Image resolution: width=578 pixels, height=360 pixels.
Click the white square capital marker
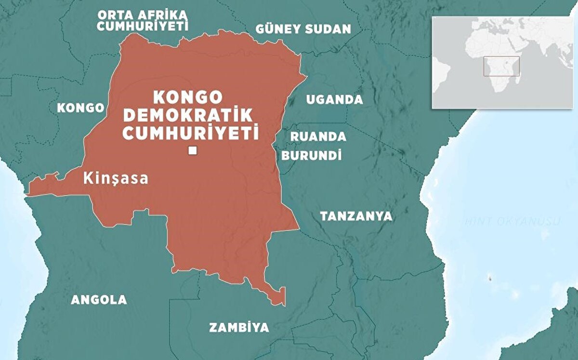tap(193, 151)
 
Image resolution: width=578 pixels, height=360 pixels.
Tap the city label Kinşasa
tap(116, 178)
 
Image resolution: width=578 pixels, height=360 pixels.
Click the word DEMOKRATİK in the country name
tap(188, 115)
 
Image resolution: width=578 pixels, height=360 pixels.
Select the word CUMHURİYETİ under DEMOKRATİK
tap(190, 133)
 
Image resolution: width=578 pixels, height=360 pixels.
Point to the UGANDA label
tap(334, 100)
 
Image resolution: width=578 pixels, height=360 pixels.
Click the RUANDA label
tap(318, 136)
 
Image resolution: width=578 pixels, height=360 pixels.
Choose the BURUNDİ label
tap(312, 155)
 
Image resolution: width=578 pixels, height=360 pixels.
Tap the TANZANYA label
tap(356, 216)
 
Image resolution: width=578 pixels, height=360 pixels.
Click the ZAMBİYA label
tap(239, 328)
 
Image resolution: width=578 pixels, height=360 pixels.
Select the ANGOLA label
tap(99, 300)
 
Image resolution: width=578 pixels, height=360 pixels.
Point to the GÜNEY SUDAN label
tap(303, 29)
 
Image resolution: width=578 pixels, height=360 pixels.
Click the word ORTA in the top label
tap(111, 13)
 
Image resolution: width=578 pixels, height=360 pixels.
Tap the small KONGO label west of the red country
tap(80, 108)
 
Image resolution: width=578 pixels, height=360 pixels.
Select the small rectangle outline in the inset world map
tap(501, 66)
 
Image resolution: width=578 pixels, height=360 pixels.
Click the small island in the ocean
tap(490, 278)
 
